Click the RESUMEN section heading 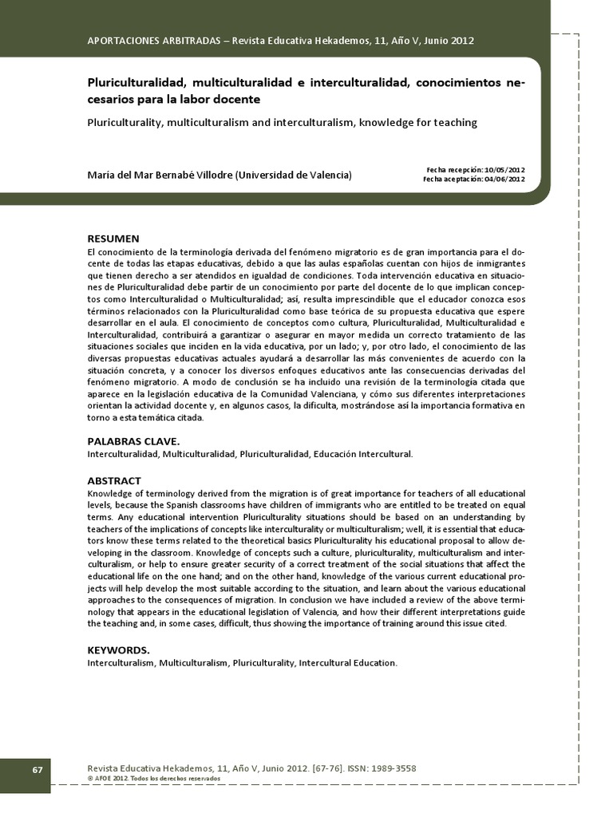click(113, 239)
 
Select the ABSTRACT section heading click(114, 480)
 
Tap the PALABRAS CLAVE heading click(133, 441)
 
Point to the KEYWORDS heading click(118, 649)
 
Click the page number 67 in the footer click(38, 769)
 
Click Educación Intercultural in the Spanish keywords click(363, 454)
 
